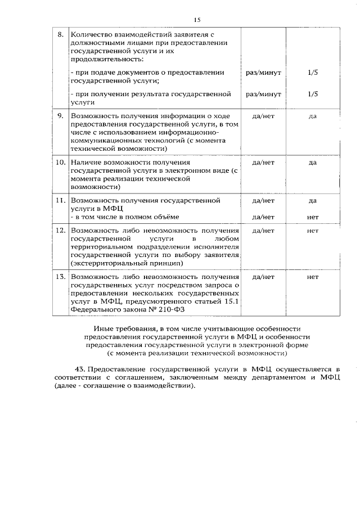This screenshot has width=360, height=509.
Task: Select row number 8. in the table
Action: click(61, 34)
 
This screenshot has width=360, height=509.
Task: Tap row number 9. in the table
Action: click(61, 116)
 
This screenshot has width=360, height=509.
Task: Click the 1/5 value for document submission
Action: click(313, 73)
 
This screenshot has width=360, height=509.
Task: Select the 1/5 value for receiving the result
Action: click(313, 94)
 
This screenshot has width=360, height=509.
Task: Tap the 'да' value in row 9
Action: click(313, 116)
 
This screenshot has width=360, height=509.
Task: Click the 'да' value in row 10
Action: click(313, 163)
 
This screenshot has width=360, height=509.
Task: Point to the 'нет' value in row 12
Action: click(313, 231)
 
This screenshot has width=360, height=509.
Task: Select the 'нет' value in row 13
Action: click(313, 277)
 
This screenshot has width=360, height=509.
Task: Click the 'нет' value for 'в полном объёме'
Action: click(313, 216)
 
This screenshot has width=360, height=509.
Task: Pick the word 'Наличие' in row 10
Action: click(85, 163)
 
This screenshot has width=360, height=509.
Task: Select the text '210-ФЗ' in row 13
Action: click(173, 309)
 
